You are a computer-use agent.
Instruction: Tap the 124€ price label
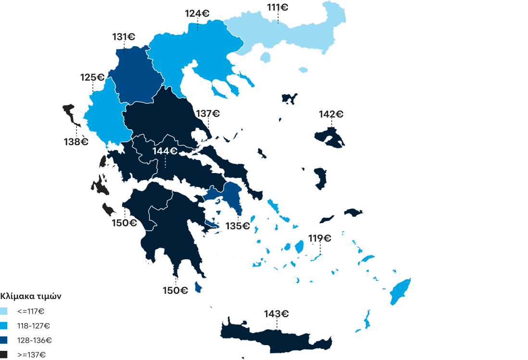tap(197, 13)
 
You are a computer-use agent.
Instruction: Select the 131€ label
tap(124, 37)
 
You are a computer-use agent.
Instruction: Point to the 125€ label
tap(92, 77)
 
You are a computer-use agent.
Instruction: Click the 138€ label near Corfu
tap(76, 142)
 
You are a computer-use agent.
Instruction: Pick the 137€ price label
tap(208, 114)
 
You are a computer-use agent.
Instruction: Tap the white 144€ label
tap(165, 151)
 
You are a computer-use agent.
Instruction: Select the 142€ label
tap(331, 114)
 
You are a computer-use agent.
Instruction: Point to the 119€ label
tap(320, 238)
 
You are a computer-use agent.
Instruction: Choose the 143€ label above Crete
tap(277, 314)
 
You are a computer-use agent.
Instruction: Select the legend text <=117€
tap(31, 311)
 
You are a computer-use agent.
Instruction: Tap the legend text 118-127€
tap(34, 326)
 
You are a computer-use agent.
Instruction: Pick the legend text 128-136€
tap(34, 340)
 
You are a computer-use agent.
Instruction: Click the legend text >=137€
tap(32, 355)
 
